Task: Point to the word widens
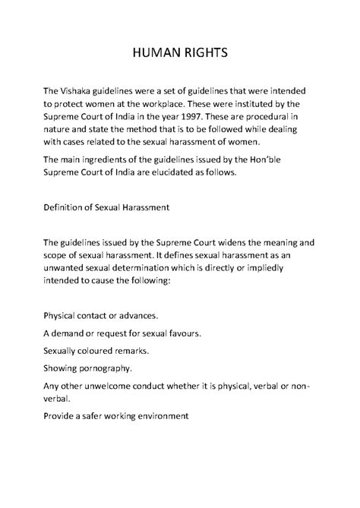(249, 242)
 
